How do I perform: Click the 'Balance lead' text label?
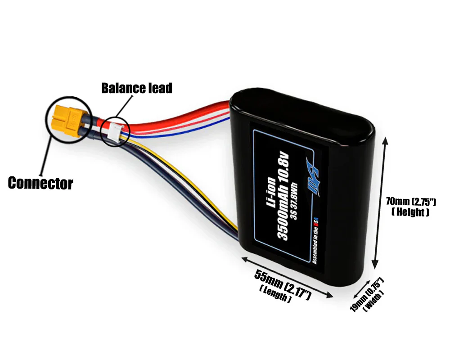tap(136, 88)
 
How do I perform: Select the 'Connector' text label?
tap(40, 183)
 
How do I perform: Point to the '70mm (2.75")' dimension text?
tap(410, 201)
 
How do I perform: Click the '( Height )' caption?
tap(410, 212)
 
